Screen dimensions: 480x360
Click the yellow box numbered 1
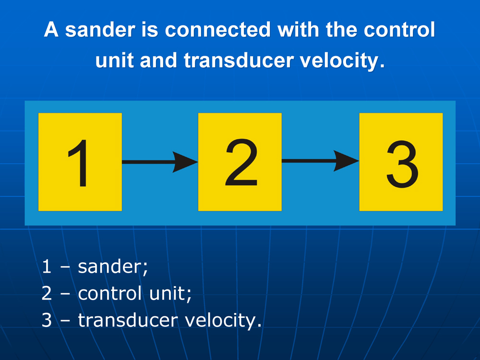(80, 162)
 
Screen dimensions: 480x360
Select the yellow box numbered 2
(240, 162)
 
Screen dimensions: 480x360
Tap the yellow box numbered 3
(401, 162)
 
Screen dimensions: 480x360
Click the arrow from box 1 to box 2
(160, 162)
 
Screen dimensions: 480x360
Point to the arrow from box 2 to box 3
(321, 161)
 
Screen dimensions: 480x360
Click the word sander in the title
(100, 30)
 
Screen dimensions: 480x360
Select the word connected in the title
(217, 30)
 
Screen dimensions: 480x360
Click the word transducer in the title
(238, 60)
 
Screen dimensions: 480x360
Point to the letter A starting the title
(51, 29)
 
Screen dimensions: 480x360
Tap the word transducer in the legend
(128, 320)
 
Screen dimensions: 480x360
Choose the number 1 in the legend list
(46, 266)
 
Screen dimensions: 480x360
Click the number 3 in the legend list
(47, 320)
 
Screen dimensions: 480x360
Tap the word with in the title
(298, 29)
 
